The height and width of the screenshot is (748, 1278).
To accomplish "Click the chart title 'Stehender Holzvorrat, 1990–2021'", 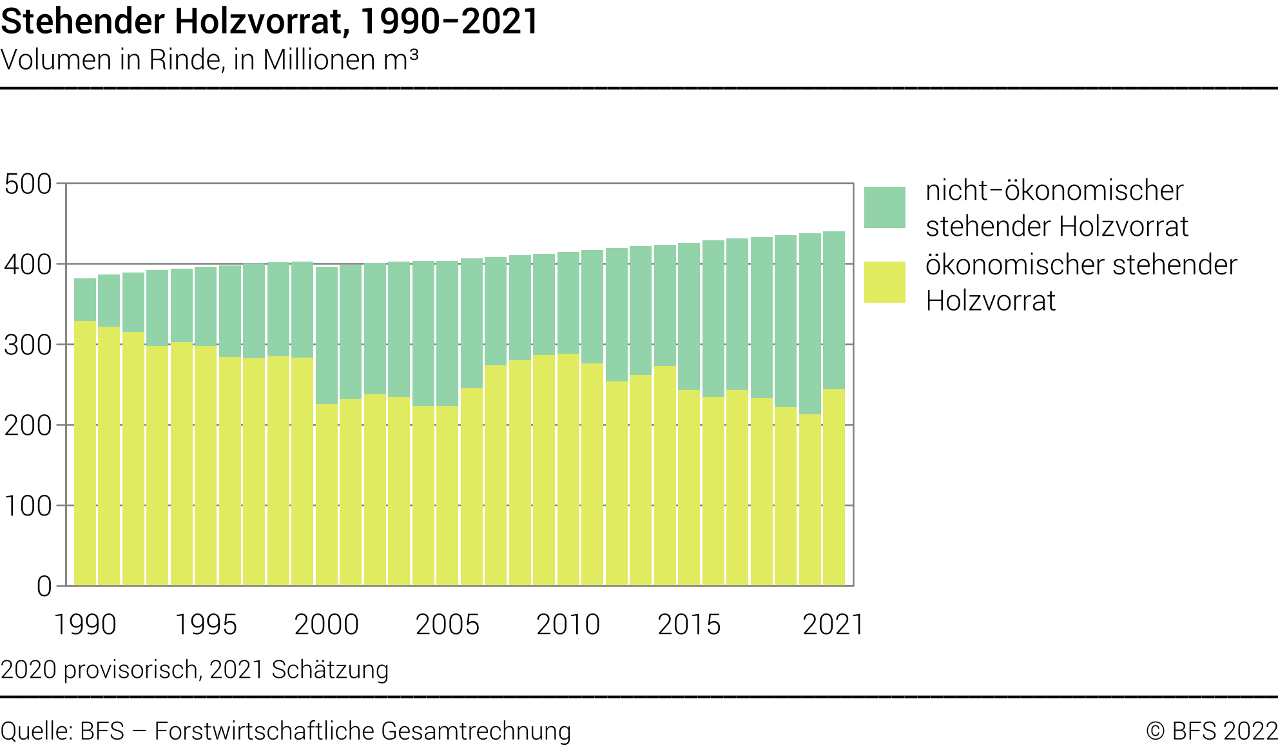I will tap(269, 21).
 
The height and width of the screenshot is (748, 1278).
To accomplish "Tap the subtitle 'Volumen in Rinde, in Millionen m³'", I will tap(209, 60).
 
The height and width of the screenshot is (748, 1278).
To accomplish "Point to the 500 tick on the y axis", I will tap(28, 184).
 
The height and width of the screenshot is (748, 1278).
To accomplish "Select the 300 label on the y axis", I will tap(28, 345).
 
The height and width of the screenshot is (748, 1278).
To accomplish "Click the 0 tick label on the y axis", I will tap(44, 587).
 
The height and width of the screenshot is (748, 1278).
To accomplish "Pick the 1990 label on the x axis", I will tap(85, 624).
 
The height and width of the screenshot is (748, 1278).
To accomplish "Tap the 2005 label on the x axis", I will tap(447, 624).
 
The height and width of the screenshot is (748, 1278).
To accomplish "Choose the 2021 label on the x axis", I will tap(833, 624).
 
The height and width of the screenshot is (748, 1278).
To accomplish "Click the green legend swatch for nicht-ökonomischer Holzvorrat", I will tap(884, 207).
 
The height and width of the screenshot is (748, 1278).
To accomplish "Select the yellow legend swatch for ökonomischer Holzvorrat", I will tap(884, 282).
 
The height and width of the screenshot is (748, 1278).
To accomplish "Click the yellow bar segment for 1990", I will tap(85, 451).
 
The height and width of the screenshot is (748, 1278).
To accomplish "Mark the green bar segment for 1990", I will tap(85, 300).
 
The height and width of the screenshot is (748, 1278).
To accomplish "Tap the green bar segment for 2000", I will tap(327, 335).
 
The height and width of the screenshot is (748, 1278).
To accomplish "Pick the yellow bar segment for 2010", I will tap(568, 470).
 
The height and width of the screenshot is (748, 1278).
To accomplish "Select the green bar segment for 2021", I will tap(834, 309).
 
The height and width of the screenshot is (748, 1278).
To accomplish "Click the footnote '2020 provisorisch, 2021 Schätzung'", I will tap(195, 670).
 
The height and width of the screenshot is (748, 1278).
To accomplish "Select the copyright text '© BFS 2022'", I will tap(1212, 731).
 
